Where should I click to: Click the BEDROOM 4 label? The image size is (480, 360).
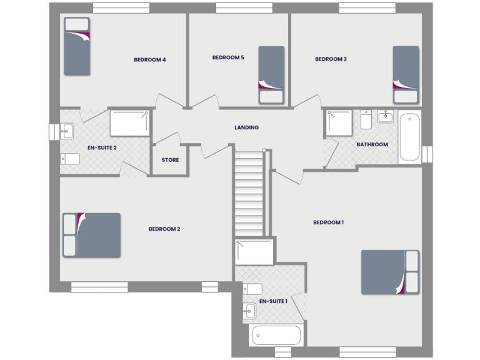(149, 60)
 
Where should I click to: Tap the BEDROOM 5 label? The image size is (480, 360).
(228, 57)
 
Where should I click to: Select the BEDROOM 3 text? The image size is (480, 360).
(331, 59)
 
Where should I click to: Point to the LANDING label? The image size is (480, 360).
(246, 127)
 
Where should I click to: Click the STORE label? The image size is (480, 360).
(170, 160)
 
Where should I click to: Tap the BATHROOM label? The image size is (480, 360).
(372, 144)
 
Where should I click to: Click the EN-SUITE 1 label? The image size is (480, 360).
(273, 301)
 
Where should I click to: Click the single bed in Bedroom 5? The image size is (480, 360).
(271, 74)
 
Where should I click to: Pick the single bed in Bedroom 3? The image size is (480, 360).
(405, 74)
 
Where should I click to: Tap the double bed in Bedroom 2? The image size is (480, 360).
(91, 235)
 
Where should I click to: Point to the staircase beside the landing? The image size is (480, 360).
(249, 194)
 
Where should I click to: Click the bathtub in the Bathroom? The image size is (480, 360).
(410, 137)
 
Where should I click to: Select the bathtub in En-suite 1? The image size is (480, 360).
(276, 335)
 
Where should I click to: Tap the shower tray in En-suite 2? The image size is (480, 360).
(130, 123)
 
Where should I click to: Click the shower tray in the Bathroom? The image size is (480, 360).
(339, 123)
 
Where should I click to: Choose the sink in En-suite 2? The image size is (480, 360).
(67, 131)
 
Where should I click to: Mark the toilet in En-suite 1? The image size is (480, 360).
(252, 289)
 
